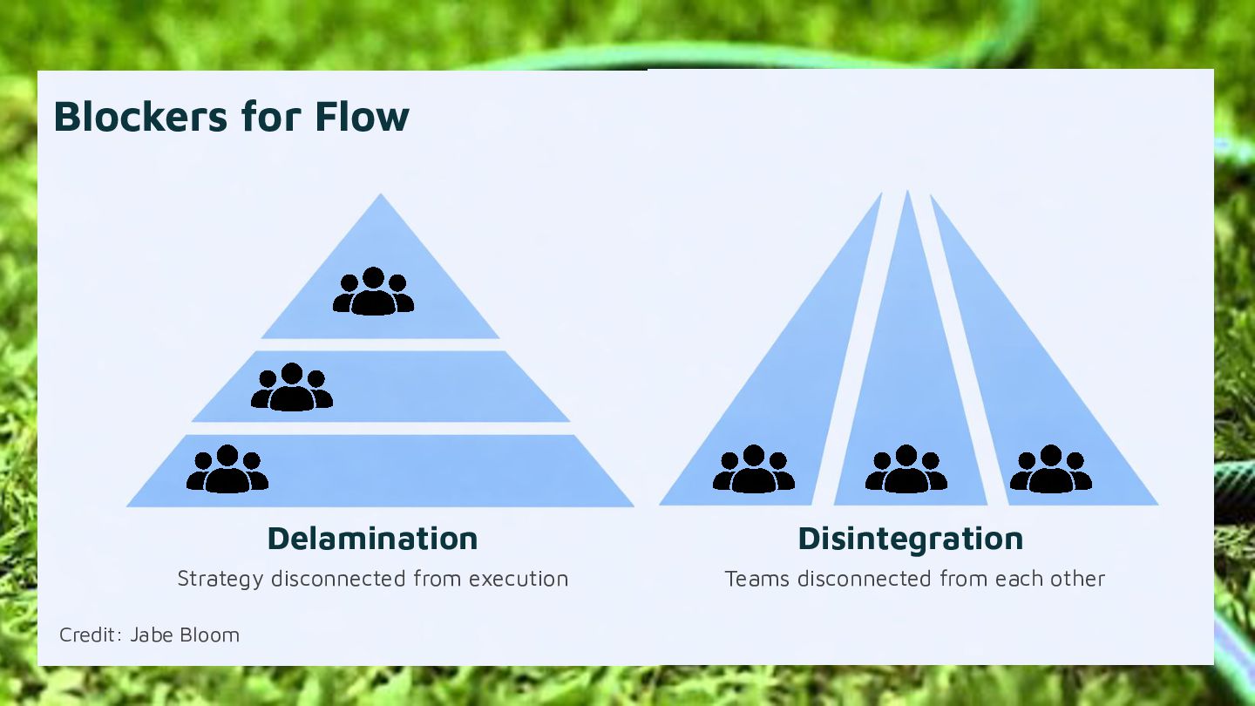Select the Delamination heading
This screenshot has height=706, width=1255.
(x=372, y=539)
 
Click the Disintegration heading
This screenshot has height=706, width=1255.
(x=910, y=539)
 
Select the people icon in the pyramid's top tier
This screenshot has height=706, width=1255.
(x=373, y=292)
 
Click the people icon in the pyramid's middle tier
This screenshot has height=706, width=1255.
(x=292, y=388)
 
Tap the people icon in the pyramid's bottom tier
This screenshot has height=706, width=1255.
(x=227, y=470)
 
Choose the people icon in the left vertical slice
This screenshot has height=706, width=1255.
(x=754, y=470)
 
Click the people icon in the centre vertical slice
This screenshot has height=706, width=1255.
(x=906, y=470)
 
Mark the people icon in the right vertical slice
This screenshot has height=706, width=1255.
(x=1051, y=470)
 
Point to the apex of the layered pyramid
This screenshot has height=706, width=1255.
(x=381, y=197)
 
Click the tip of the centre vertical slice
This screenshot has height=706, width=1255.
(x=908, y=193)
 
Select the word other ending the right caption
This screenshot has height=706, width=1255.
(x=1078, y=579)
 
